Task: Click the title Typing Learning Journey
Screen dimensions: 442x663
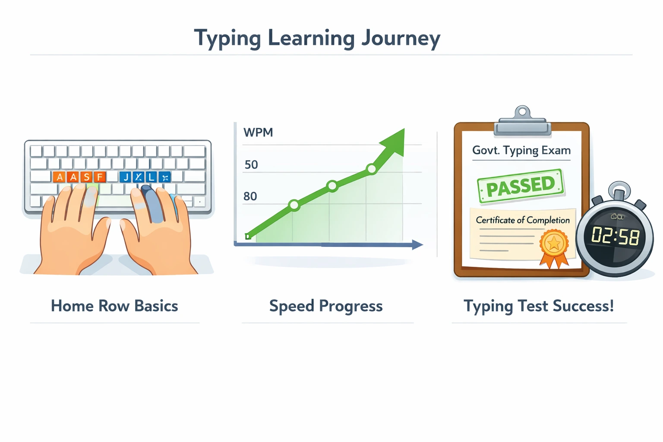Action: [317, 38]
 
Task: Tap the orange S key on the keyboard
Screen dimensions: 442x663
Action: [87, 177]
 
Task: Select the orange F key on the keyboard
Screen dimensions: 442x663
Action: [100, 177]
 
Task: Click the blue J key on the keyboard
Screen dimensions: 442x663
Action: [126, 177]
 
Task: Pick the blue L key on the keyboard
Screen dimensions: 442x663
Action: [151, 177]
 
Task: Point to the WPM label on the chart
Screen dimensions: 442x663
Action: [258, 132]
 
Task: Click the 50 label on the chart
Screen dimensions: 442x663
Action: [251, 164]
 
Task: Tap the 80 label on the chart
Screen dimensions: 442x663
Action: [250, 196]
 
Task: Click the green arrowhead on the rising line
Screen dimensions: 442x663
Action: [395, 141]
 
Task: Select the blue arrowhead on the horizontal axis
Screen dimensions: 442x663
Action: [417, 245]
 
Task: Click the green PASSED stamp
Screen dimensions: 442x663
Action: [521, 186]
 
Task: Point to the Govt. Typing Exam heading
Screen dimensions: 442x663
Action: [521, 150]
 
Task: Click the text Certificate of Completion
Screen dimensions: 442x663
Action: [523, 220]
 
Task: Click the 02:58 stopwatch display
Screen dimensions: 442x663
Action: [615, 236]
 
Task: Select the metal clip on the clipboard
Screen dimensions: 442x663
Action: [522, 122]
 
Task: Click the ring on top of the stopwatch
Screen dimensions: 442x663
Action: [619, 189]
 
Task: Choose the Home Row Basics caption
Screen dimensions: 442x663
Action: [114, 306]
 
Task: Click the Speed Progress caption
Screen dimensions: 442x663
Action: [326, 306]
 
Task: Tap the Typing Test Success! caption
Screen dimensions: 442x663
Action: [539, 306]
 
